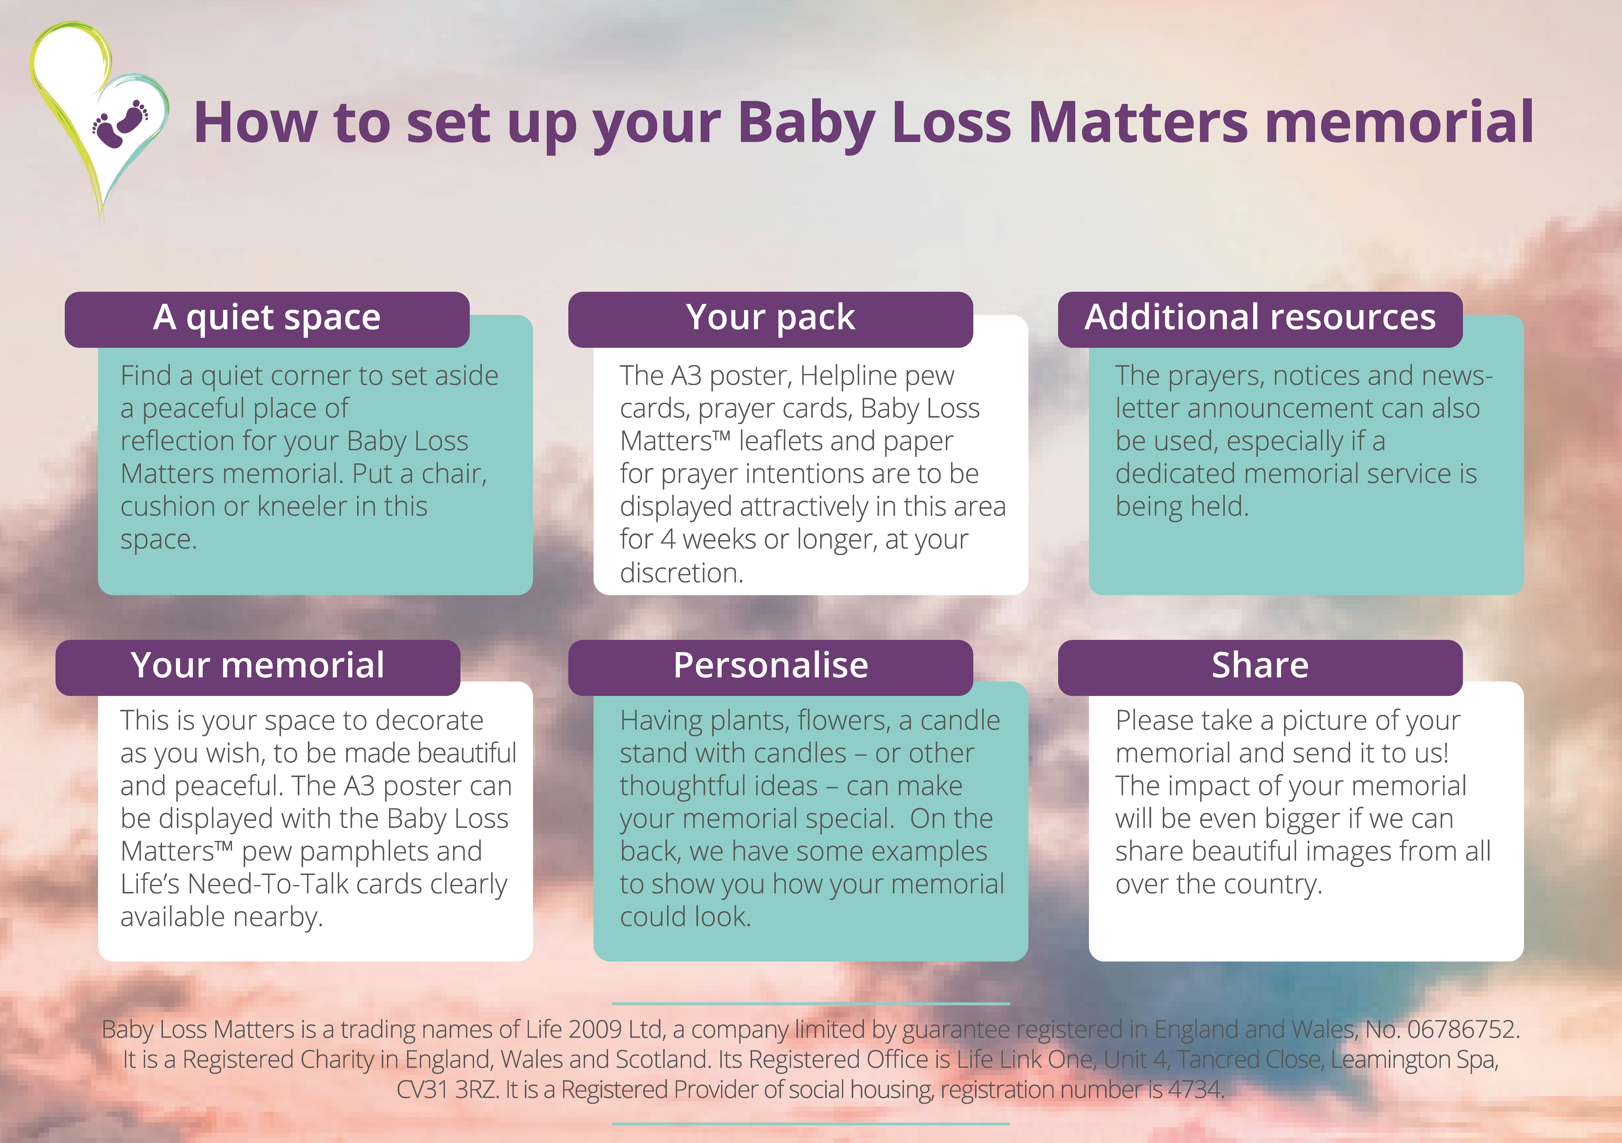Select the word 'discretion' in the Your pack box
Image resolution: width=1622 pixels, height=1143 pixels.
[x=680, y=573]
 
